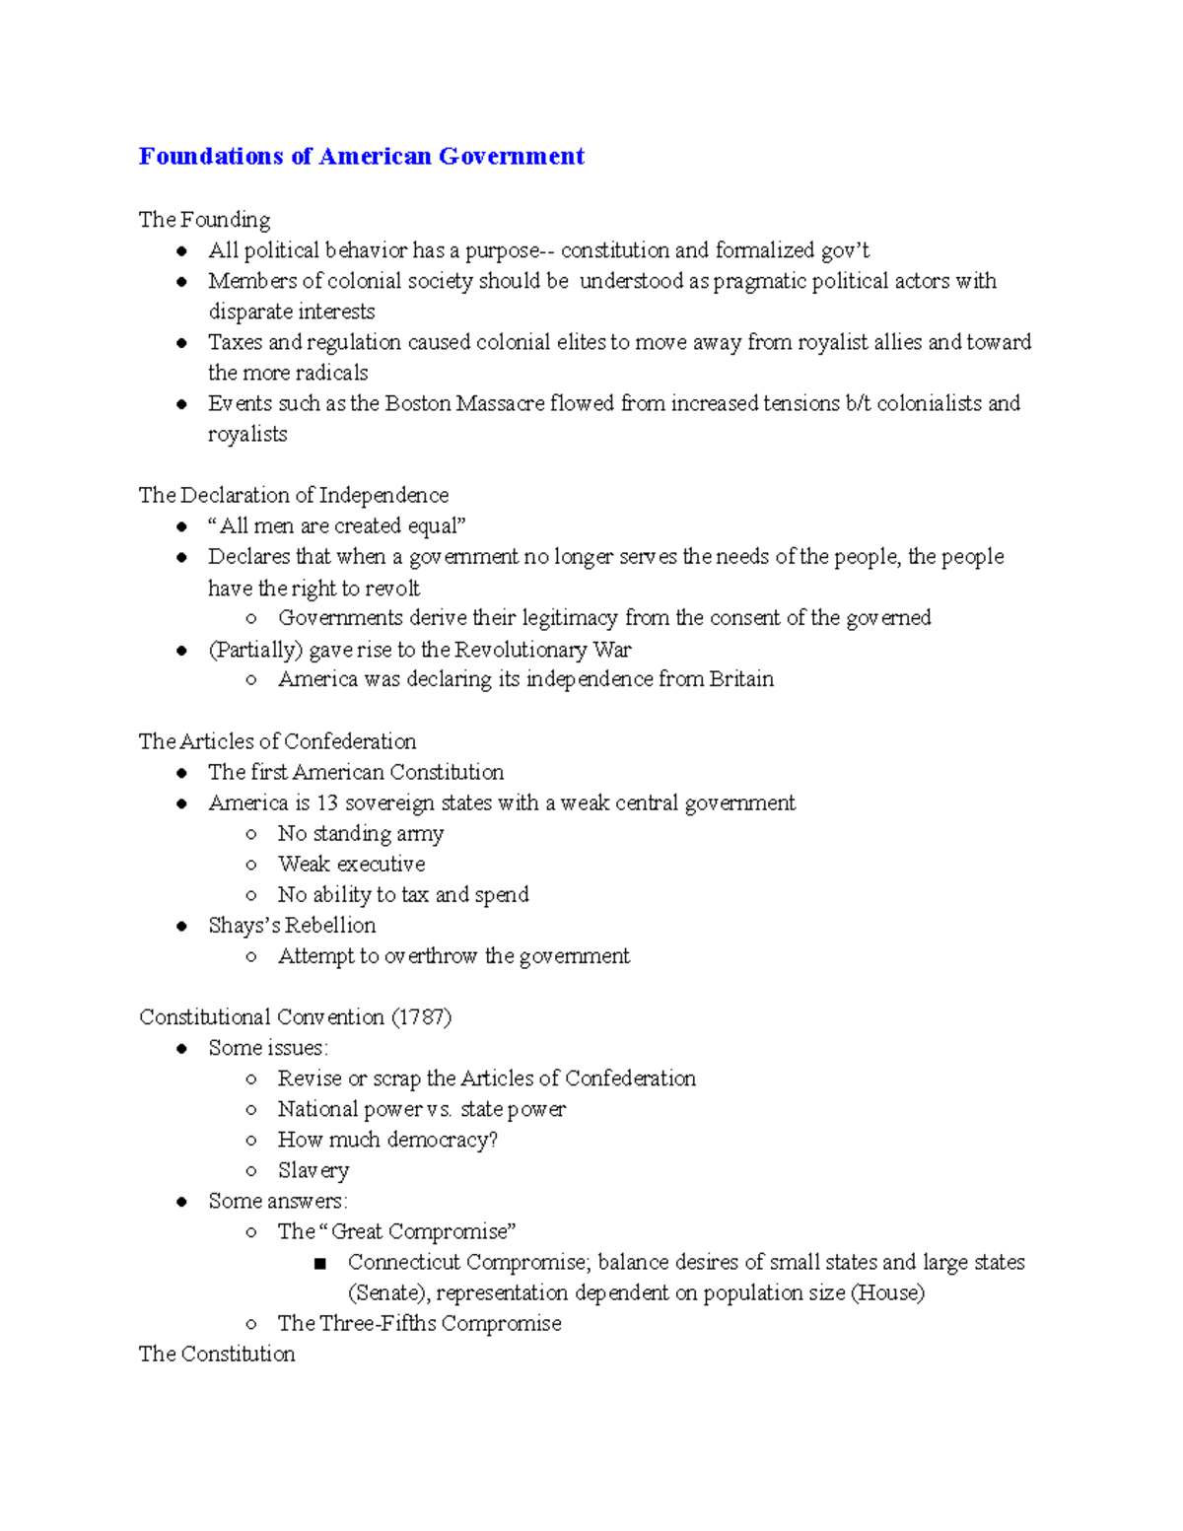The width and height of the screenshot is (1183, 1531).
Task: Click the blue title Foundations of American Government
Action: click(361, 156)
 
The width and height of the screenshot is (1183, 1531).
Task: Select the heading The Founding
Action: click(204, 219)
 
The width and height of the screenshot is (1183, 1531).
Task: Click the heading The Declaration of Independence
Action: click(293, 495)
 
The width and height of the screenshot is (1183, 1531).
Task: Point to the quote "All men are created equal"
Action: click(336, 525)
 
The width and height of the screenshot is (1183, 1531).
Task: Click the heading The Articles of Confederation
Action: click(277, 741)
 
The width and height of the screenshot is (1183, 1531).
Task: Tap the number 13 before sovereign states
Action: click(326, 802)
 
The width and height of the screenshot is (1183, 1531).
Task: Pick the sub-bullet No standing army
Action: click(360, 834)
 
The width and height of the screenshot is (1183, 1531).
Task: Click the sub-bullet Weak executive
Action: click(351, 865)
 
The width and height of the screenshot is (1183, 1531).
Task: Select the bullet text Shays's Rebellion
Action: click(292, 926)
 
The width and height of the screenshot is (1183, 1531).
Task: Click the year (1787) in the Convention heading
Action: click(422, 1017)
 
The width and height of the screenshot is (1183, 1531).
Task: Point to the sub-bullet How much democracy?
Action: click(387, 1140)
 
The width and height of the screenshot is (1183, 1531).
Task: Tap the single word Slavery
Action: click(313, 1170)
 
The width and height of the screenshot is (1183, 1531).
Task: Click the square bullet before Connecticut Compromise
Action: click(319, 1263)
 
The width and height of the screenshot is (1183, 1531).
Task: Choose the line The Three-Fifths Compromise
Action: click(419, 1324)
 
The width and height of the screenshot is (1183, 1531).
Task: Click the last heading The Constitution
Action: click(217, 1355)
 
